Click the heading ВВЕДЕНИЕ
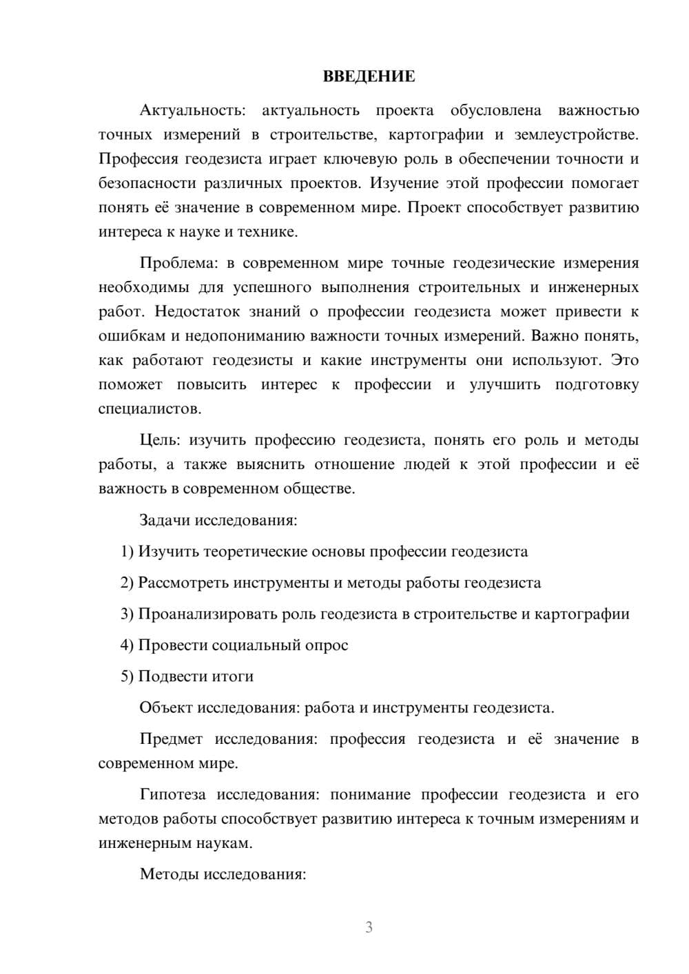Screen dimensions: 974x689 click(x=369, y=76)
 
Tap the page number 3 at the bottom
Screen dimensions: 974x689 click(x=369, y=927)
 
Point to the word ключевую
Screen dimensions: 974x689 click(x=369, y=159)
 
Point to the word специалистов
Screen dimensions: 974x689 click(x=150, y=409)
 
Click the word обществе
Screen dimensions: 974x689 click(x=322, y=489)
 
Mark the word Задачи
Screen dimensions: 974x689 click(x=165, y=520)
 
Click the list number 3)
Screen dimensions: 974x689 click(x=127, y=614)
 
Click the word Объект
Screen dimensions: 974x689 click(x=166, y=708)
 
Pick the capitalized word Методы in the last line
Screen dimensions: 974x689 click(x=169, y=875)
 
